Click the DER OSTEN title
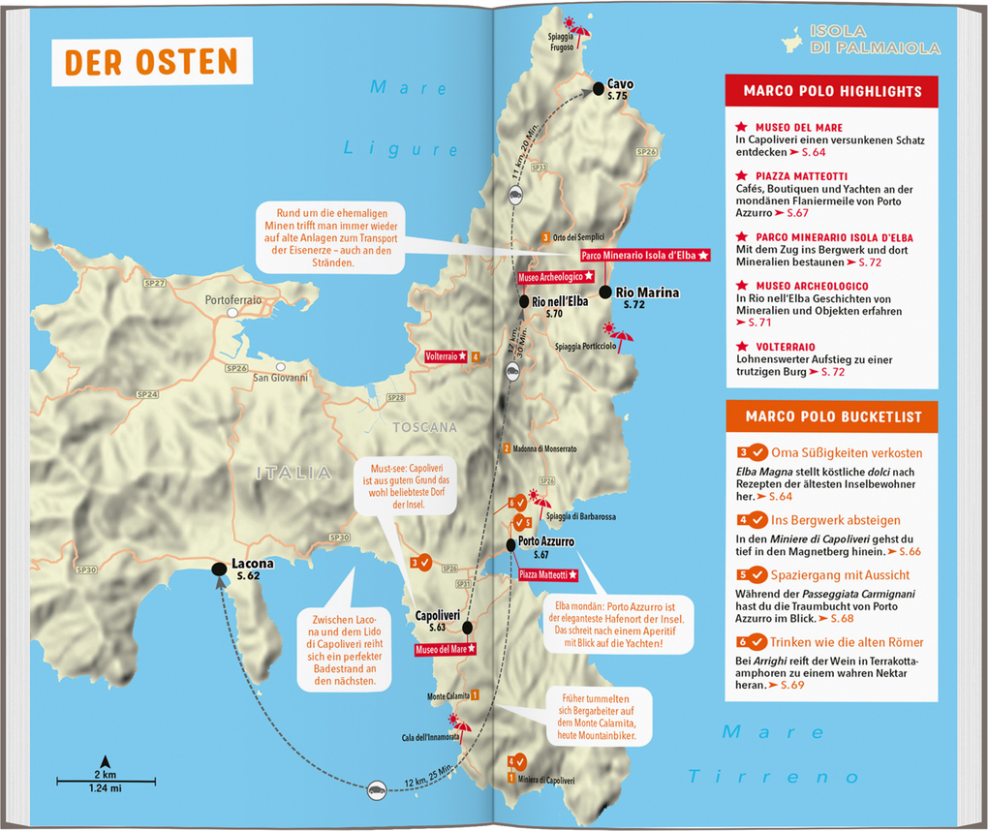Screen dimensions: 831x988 click(151, 61)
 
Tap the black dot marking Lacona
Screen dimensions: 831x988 click(220, 569)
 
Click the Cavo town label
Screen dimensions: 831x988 click(620, 84)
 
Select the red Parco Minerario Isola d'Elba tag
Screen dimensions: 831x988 click(645, 255)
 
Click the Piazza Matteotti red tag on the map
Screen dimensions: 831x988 click(547, 575)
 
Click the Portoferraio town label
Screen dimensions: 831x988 click(232, 300)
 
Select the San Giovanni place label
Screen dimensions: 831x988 click(280, 378)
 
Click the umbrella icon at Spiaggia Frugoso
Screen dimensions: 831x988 click(580, 32)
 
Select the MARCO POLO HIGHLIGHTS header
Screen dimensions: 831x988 click(832, 91)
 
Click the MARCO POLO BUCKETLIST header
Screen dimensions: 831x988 click(832, 416)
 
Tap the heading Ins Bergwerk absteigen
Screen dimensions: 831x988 click(835, 520)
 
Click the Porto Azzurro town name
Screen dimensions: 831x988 click(546, 541)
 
